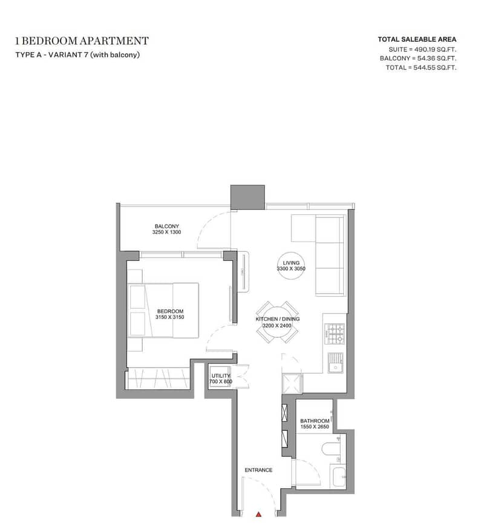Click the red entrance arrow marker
point(258,513)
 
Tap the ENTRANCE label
point(258,470)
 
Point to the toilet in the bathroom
point(329,449)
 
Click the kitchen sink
point(335,363)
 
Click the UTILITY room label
point(221,376)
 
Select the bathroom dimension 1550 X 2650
point(315,427)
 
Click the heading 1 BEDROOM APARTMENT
point(82,41)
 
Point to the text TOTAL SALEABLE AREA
point(417,39)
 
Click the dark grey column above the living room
point(247,196)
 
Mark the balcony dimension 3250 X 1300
point(168,233)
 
